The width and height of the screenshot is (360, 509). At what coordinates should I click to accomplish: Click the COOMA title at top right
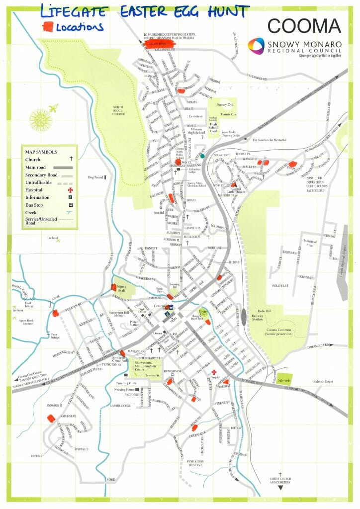(304, 25)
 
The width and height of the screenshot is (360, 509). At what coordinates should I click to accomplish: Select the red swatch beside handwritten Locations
(48, 26)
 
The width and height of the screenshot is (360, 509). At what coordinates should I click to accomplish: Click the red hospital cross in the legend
(70, 190)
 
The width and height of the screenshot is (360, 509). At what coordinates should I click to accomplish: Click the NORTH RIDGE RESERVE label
(118, 111)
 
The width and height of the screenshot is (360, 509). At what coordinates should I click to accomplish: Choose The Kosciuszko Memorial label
(269, 140)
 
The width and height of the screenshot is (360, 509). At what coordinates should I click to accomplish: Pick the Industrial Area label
(310, 243)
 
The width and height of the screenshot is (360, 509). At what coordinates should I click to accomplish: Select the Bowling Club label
(126, 383)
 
